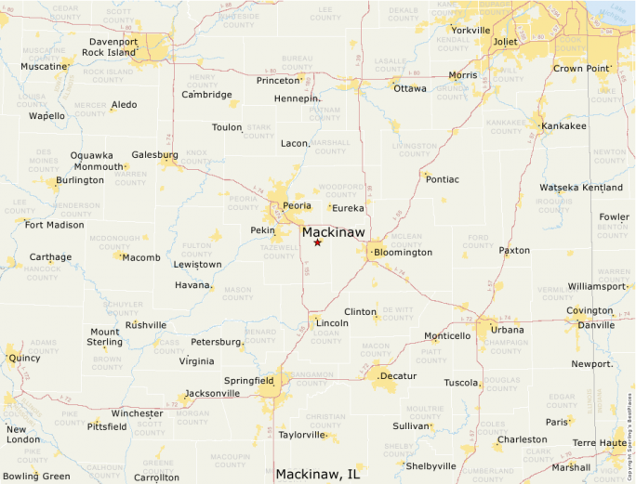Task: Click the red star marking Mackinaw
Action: pos(317,242)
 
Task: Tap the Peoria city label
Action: pos(298,205)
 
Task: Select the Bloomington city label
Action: pos(404,253)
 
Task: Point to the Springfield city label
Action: pos(248,380)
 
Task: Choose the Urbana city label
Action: pos(508,330)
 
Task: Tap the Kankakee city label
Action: pos(564,125)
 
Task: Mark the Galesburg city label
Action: pos(155,154)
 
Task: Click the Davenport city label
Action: pos(113,42)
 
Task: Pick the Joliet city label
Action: pos(504,42)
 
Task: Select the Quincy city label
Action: pos(24,358)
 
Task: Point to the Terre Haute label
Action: pos(598,444)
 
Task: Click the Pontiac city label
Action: pos(442,179)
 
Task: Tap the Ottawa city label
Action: pos(410,89)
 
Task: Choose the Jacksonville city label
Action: pos(212,393)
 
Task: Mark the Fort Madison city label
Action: pos(54,225)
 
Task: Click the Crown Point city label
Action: pos(581,69)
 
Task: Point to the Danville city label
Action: pos(596,325)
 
